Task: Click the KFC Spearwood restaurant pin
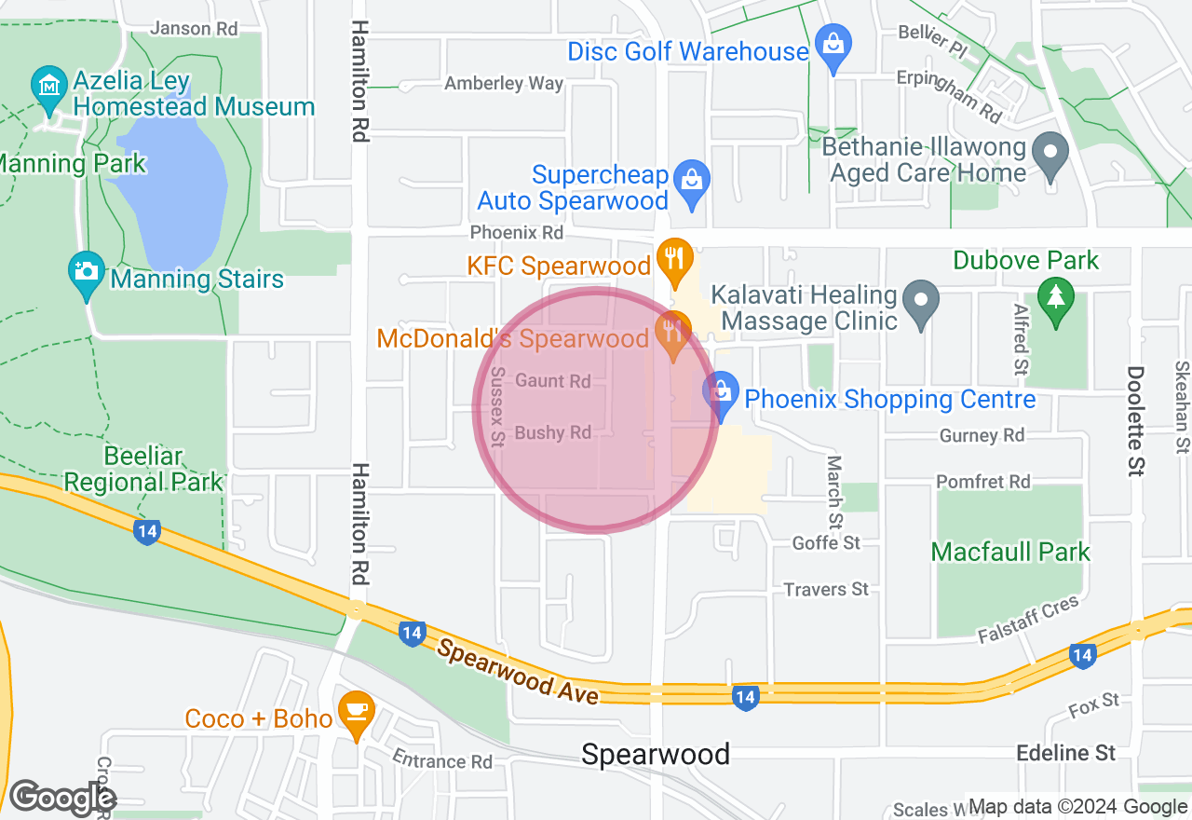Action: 672,255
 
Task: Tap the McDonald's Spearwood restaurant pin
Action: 671,329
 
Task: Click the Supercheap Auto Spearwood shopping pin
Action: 691,179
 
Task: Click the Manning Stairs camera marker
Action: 87,271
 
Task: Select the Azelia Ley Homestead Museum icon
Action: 47,86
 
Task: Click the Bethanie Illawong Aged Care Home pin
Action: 1052,152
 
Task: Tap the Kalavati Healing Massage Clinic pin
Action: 922,300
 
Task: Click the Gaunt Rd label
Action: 553,381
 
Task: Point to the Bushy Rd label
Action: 553,432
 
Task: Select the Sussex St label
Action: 497,407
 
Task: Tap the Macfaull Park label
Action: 1010,552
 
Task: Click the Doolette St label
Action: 1134,421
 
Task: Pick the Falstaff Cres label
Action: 1028,620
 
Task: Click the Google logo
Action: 62,798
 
